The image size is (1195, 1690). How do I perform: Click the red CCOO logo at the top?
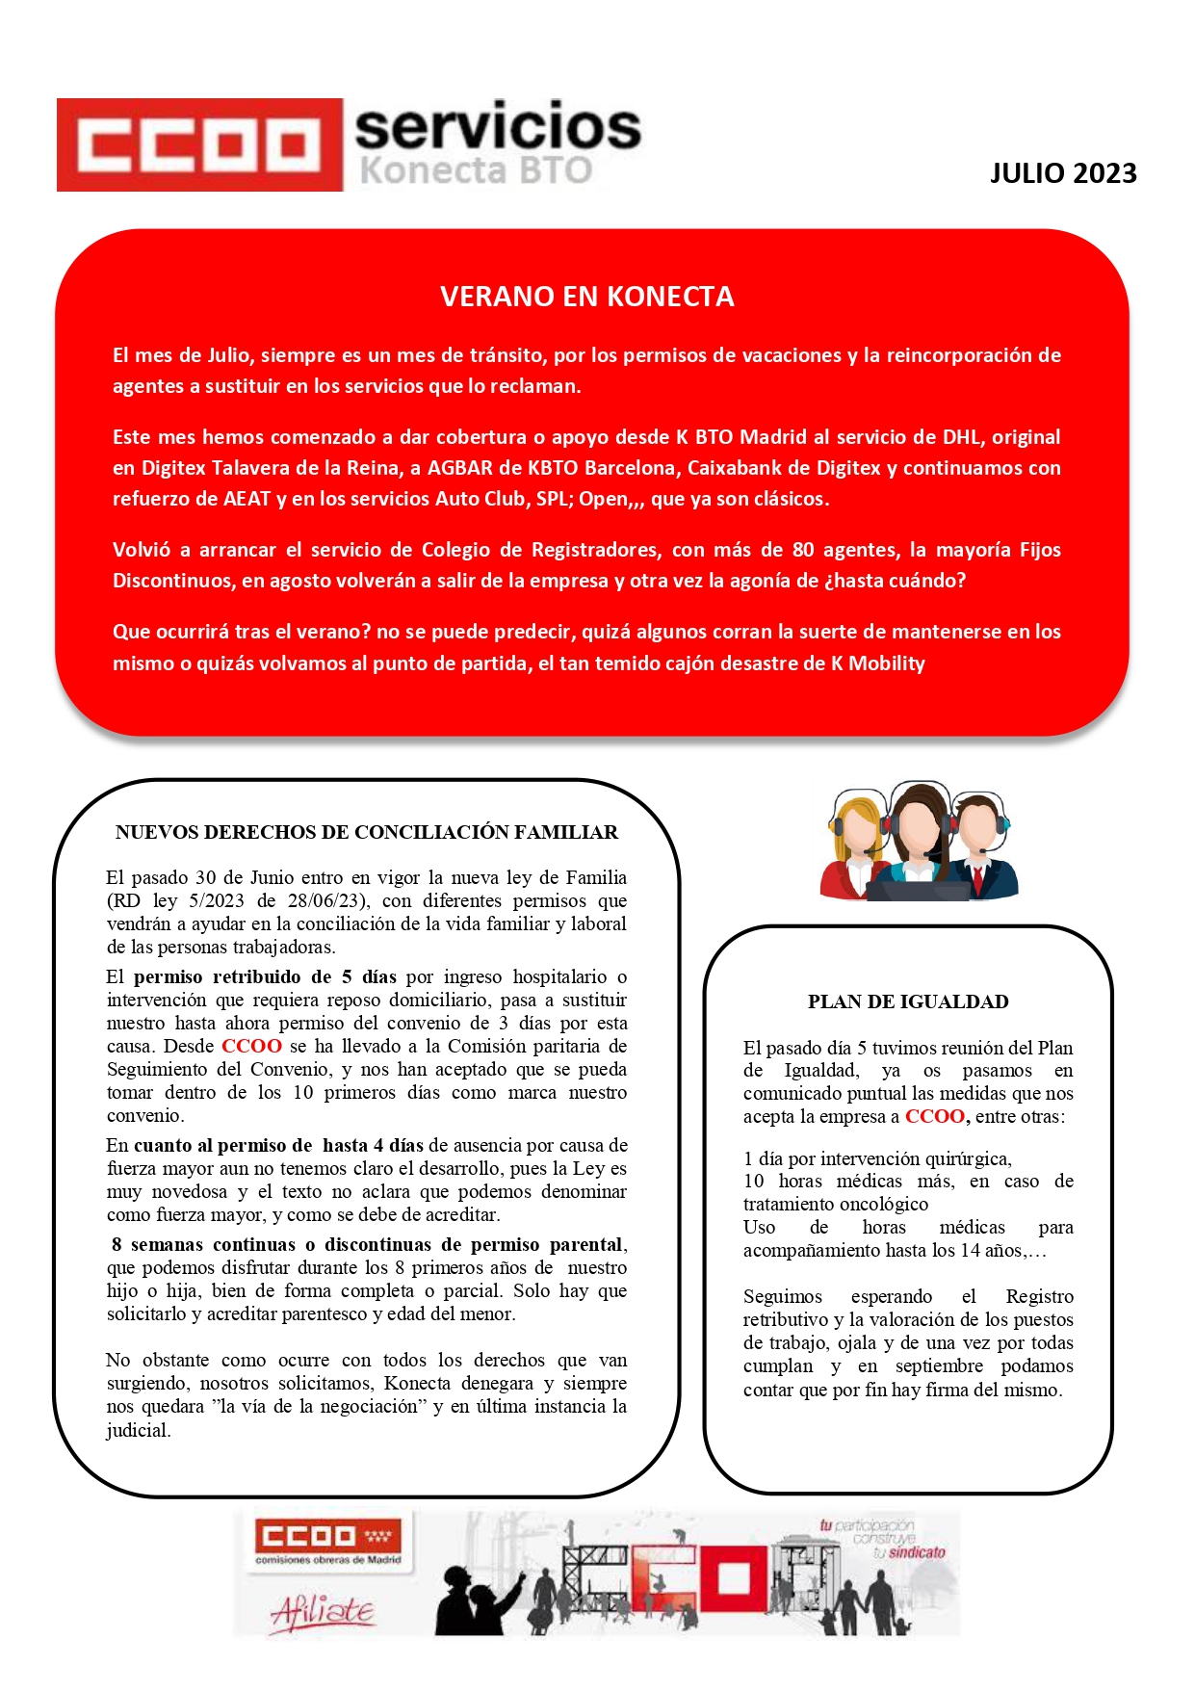(x=199, y=144)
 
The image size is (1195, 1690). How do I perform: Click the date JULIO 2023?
(x=1063, y=173)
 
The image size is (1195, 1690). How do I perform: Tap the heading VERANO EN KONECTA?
(x=586, y=297)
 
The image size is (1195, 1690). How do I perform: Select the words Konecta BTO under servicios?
(x=476, y=170)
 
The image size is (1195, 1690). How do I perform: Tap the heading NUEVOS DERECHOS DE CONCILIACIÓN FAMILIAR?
(x=367, y=832)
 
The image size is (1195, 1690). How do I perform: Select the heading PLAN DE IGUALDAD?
(x=907, y=1001)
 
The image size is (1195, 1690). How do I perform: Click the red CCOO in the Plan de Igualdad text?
(x=934, y=1117)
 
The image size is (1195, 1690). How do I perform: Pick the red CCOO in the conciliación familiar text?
(x=251, y=1047)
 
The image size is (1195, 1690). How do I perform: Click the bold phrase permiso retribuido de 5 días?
(x=265, y=977)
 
